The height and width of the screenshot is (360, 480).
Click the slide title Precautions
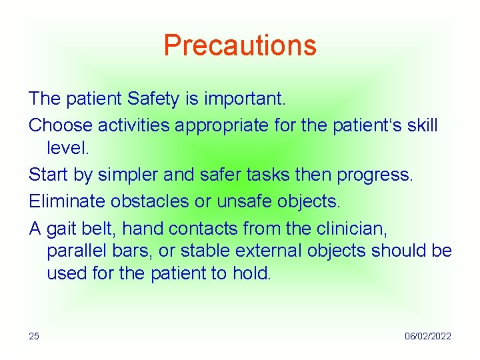240,45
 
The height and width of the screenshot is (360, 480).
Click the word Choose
61,125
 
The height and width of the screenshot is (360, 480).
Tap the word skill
420,125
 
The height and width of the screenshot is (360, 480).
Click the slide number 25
34,336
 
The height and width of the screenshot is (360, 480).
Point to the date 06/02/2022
427,336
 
